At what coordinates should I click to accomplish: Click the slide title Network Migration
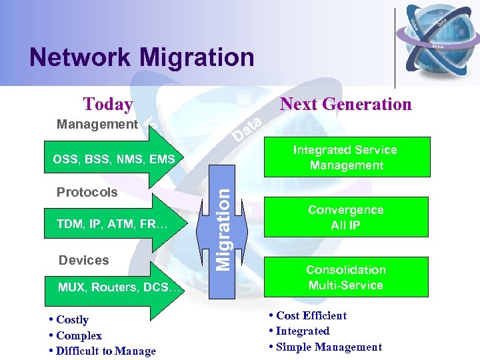click(x=141, y=57)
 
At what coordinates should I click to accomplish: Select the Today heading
click(x=107, y=105)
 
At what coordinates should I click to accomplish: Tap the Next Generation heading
click(x=346, y=104)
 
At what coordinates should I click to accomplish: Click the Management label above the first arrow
click(x=97, y=124)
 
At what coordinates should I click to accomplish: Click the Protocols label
click(x=87, y=192)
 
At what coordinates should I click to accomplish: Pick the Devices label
click(x=83, y=260)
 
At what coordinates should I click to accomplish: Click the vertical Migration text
click(x=226, y=227)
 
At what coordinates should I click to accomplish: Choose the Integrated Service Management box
click(x=345, y=157)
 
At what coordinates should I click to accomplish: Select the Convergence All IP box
click(x=345, y=217)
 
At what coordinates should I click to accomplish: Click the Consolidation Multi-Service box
click(x=345, y=277)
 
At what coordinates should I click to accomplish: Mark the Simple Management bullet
click(x=327, y=347)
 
